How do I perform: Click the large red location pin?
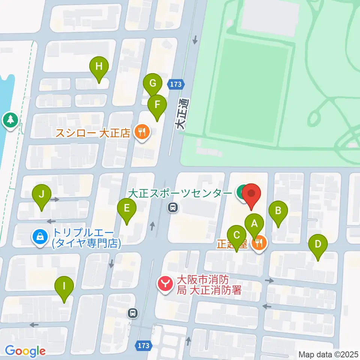(251, 195)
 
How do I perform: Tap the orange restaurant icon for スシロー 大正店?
(142, 132)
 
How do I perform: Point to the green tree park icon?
(10, 120)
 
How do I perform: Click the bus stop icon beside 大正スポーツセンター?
(172, 207)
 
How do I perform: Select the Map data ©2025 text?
(328, 354)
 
